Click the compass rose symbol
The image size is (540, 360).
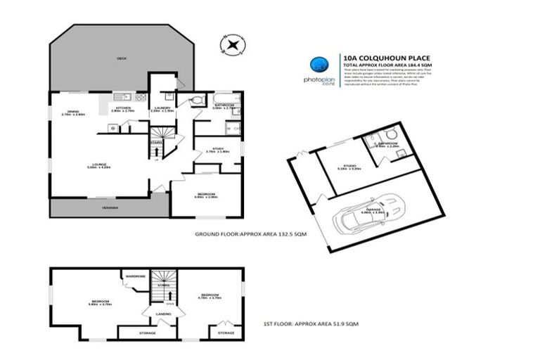(231, 46)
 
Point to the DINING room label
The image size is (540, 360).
(72, 111)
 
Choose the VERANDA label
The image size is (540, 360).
(108, 208)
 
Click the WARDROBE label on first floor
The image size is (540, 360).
(136, 276)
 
